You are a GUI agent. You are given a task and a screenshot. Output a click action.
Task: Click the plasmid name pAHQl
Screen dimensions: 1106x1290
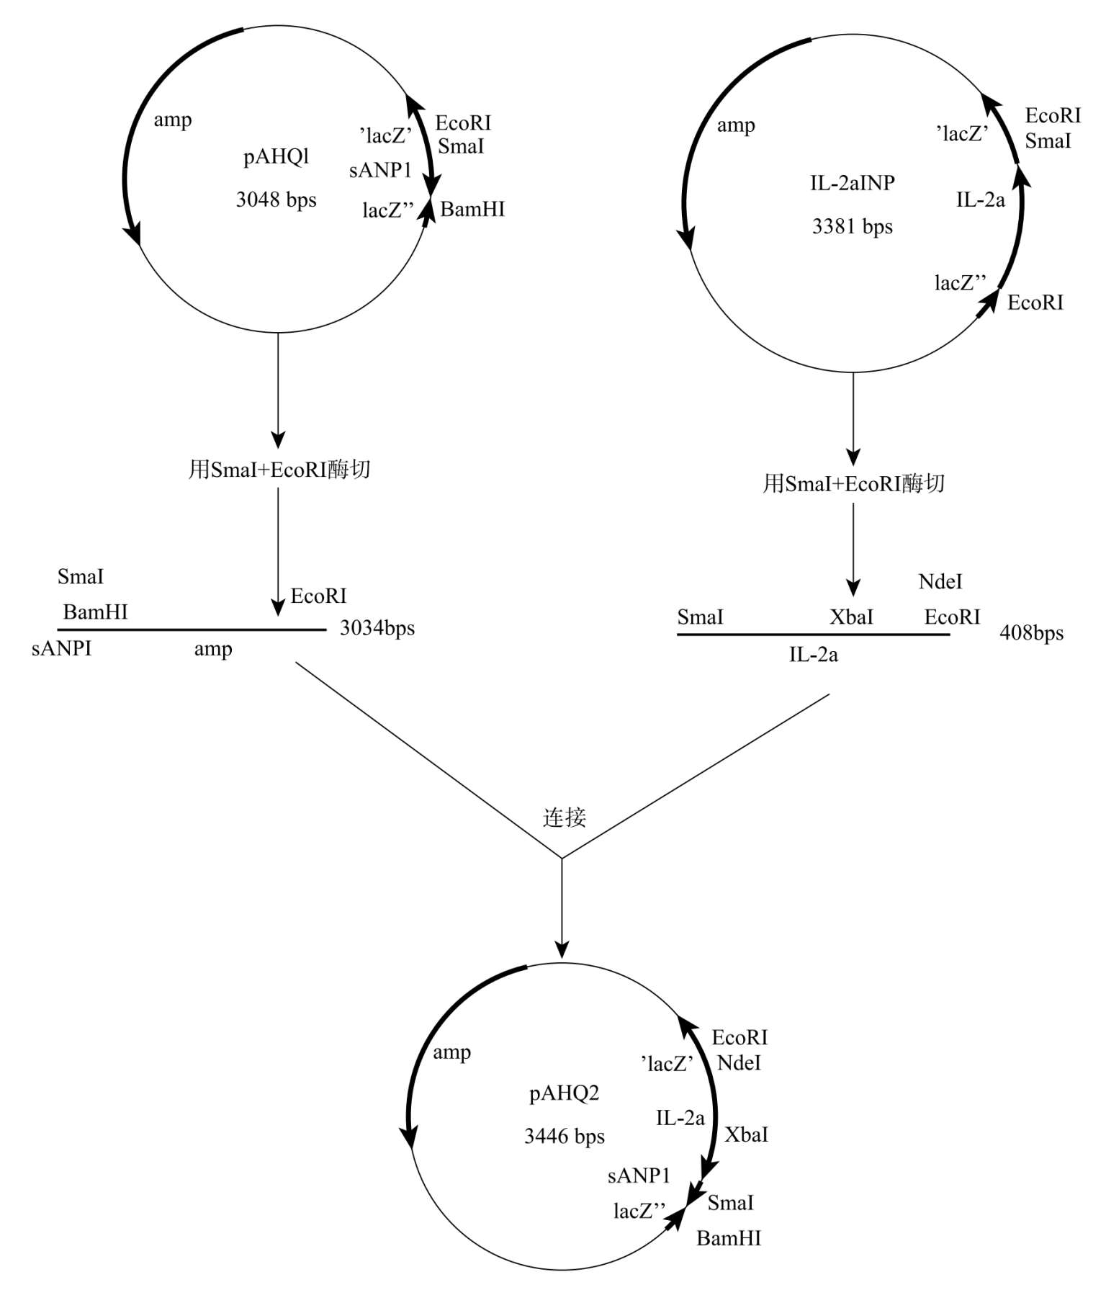coord(276,157)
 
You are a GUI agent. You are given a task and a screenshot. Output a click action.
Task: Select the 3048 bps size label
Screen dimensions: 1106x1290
coord(276,200)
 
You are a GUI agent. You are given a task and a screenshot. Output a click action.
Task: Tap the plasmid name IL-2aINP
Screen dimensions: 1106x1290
coord(853,183)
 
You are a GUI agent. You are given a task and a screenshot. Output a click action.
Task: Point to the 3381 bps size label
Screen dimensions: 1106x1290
coord(853,227)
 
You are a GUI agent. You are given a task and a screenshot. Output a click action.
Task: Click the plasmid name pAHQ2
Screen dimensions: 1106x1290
coord(565,1093)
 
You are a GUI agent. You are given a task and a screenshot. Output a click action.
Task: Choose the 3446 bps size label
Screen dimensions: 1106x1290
coord(565,1137)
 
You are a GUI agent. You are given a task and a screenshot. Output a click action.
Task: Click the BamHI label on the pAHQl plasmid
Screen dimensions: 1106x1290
coord(472,210)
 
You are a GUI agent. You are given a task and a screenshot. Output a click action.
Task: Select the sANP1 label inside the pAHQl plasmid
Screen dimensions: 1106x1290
coord(380,171)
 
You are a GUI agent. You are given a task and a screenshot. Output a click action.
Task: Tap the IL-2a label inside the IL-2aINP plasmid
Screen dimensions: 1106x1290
coord(981,200)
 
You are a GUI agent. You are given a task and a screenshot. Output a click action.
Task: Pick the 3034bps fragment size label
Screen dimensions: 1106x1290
coord(377,628)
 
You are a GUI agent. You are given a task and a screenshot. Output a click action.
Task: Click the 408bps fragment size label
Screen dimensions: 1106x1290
coord(1032,633)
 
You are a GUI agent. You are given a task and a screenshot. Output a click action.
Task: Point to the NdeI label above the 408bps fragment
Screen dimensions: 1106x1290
coord(940,582)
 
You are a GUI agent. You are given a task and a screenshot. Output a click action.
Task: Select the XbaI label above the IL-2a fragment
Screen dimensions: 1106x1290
coord(851,617)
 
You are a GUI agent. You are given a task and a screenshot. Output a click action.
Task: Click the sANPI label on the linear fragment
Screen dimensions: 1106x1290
coord(62,648)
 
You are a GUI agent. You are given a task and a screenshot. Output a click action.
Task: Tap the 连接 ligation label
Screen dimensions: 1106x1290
coord(565,818)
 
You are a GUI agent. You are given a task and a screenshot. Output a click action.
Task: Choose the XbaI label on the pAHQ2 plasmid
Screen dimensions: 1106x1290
coord(746,1135)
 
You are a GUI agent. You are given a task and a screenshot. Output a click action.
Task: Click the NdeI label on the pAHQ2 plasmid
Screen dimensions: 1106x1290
coord(739,1063)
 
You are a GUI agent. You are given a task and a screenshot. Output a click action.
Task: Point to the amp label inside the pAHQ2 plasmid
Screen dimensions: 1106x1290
coord(452,1052)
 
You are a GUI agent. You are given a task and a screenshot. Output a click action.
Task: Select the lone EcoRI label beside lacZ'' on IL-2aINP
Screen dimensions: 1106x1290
coord(1035,303)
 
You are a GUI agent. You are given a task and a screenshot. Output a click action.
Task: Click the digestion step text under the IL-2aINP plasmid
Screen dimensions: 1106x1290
coord(853,483)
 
